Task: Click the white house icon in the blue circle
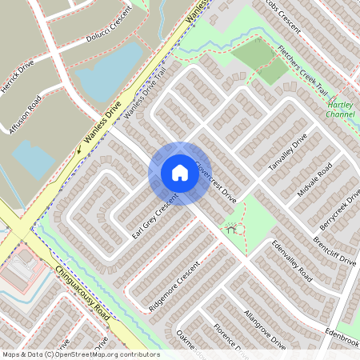(179, 173)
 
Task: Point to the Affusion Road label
(24, 114)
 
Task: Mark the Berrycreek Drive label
(341, 209)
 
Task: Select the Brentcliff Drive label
(334, 250)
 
